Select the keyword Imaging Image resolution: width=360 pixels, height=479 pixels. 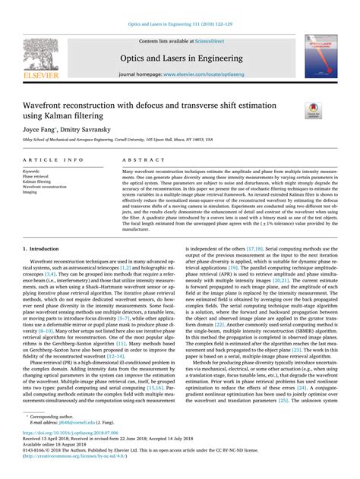click(31, 193)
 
